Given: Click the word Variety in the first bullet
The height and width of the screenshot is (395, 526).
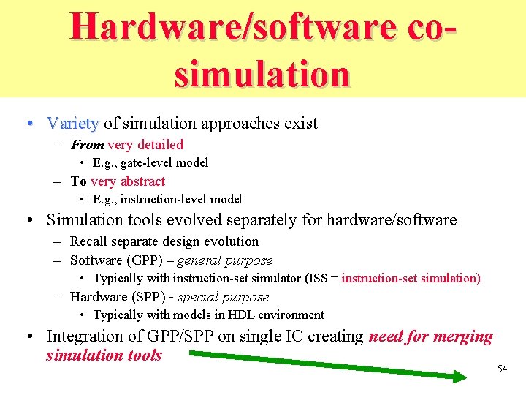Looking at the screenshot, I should (x=73, y=124).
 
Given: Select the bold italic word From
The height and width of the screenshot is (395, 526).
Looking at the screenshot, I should (x=87, y=145).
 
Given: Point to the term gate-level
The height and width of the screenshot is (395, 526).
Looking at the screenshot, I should (x=152, y=162).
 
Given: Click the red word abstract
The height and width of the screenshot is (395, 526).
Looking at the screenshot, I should (x=142, y=181).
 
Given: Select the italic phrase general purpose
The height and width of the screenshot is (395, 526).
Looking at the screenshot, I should (x=225, y=260).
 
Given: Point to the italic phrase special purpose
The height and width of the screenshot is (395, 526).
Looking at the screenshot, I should (x=223, y=297).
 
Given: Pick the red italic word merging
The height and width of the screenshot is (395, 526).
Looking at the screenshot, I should (x=462, y=336).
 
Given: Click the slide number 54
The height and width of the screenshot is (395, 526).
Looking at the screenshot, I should (x=502, y=369).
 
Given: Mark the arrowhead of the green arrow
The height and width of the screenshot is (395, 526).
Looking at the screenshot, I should (x=460, y=377).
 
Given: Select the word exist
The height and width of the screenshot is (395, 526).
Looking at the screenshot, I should (x=301, y=124).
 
